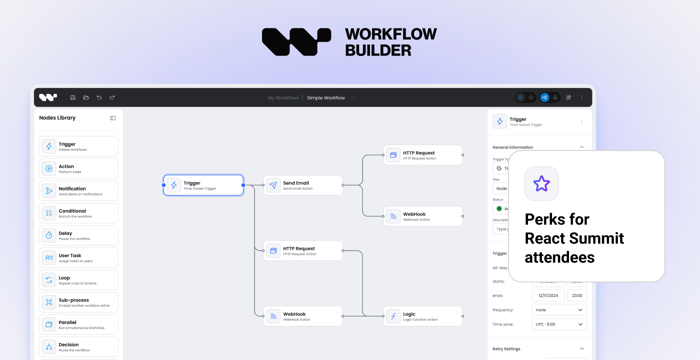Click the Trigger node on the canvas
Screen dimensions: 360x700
click(203, 185)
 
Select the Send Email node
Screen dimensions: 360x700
click(303, 185)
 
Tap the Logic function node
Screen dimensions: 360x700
click(423, 316)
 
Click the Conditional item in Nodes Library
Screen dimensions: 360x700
click(78, 213)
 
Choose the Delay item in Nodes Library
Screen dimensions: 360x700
click(78, 235)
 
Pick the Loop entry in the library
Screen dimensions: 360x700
click(78, 280)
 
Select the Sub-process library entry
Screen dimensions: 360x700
click(78, 302)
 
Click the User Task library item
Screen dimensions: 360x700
click(78, 257)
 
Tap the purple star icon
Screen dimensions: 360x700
click(541, 183)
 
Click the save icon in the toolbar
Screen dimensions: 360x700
click(73, 97)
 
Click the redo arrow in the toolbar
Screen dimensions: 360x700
click(112, 97)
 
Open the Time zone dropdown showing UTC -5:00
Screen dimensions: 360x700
click(559, 324)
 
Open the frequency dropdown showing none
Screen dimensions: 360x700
click(559, 309)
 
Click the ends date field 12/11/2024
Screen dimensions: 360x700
click(548, 295)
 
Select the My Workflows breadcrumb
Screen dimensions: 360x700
click(283, 98)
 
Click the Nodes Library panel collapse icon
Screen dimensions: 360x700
click(113, 118)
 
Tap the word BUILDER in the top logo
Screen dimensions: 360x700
click(378, 50)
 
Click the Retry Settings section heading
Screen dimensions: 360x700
click(506, 349)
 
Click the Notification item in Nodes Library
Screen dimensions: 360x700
click(78, 191)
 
